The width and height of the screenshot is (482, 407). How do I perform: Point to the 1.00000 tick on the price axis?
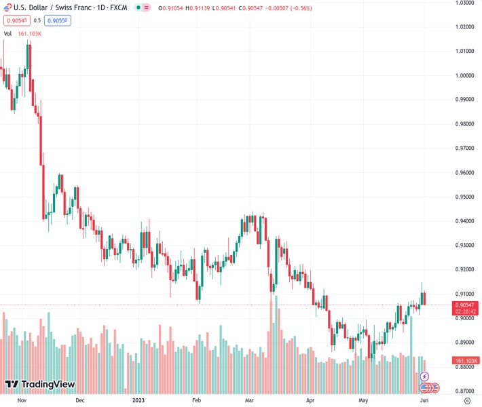click(465, 75)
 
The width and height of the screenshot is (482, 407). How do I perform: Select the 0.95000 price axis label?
click(465, 197)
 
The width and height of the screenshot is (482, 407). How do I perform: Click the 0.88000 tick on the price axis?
click(465, 367)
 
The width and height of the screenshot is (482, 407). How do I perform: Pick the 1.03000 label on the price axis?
click(465, 3)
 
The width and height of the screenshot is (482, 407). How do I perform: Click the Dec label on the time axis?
click(79, 400)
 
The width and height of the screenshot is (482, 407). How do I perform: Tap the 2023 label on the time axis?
click(138, 400)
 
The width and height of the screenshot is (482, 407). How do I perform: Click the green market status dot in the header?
click(138, 7)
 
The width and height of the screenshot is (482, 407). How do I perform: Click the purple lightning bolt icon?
click(425, 376)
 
